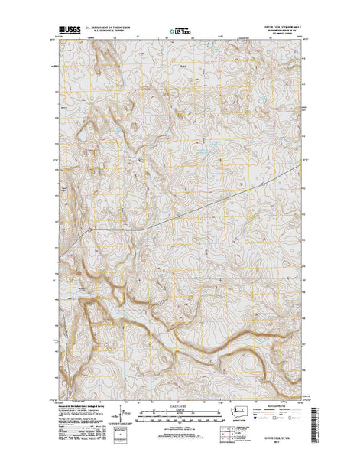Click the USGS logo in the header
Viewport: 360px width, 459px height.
tap(67, 33)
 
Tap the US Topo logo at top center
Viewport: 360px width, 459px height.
tap(180, 33)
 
